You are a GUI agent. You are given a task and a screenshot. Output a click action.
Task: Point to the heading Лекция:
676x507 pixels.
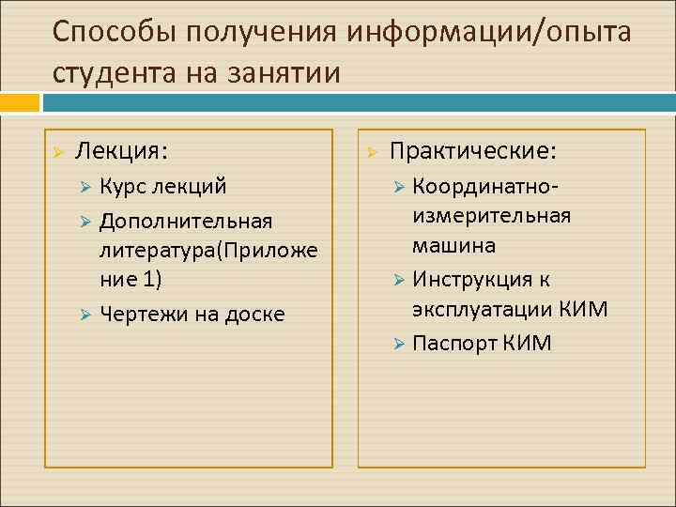click(122, 150)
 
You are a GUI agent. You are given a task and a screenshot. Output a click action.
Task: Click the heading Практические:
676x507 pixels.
click(472, 150)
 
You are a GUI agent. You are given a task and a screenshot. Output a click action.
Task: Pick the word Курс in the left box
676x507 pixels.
click(121, 186)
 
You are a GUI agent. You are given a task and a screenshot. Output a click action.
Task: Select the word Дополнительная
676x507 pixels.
click(186, 221)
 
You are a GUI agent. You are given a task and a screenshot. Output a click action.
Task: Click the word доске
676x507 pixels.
click(255, 314)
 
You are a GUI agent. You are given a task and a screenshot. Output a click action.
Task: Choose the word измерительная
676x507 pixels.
click(491, 216)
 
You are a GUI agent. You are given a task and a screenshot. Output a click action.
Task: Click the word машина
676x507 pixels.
click(453, 247)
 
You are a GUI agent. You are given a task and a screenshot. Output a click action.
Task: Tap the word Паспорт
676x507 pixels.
click(454, 343)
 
